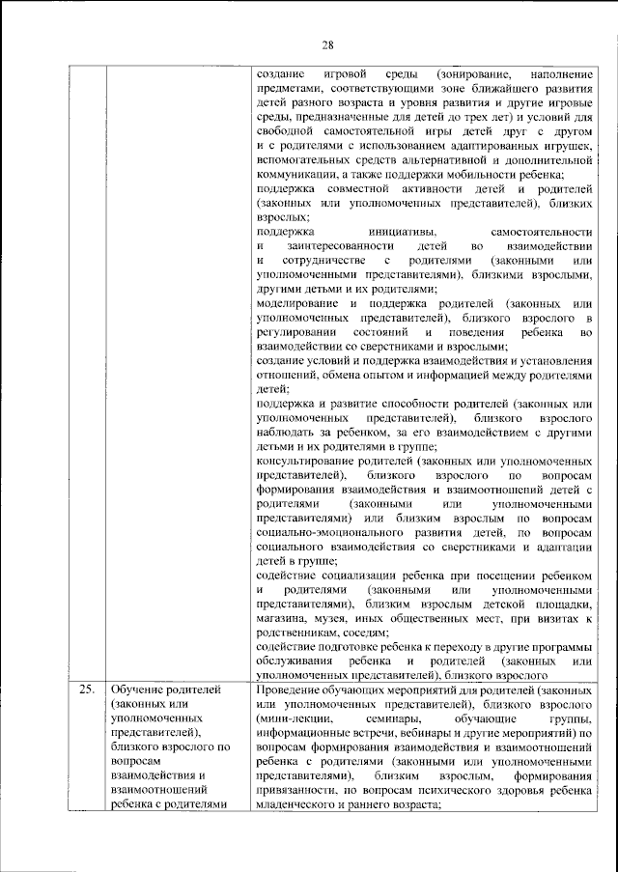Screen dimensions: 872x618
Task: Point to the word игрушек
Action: click(x=562, y=144)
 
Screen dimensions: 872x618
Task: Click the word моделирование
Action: click(x=300, y=303)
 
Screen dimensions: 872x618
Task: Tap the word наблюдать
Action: click(x=287, y=433)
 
